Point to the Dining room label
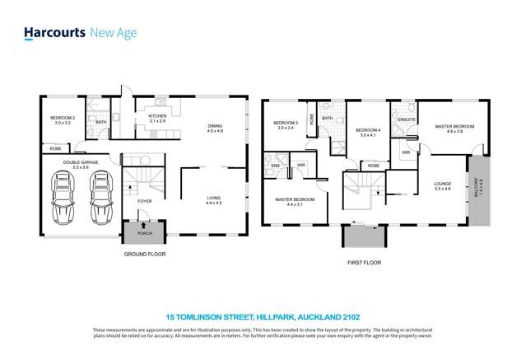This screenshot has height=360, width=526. point(215,128)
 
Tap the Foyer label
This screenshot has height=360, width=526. point(144,201)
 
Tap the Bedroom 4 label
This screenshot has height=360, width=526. point(366,132)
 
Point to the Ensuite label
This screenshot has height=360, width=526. point(407,120)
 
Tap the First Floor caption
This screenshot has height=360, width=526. point(363,263)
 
